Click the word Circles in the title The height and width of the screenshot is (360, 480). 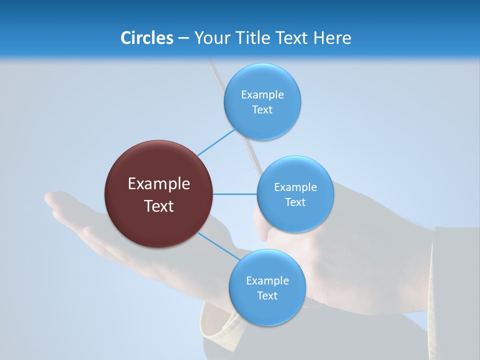pos(146,38)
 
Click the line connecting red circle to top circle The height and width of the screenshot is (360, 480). pos(216,143)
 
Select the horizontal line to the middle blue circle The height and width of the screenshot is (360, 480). pos(234,194)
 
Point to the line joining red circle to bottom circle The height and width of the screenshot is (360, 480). pos(218,246)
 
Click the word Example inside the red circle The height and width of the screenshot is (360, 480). pos(158,184)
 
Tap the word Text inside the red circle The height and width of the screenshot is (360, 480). pos(158,206)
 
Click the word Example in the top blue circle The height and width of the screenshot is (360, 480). pos(262,94)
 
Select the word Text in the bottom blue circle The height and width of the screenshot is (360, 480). pos(267,295)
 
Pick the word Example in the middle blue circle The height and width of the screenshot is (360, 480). pos(295,187)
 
